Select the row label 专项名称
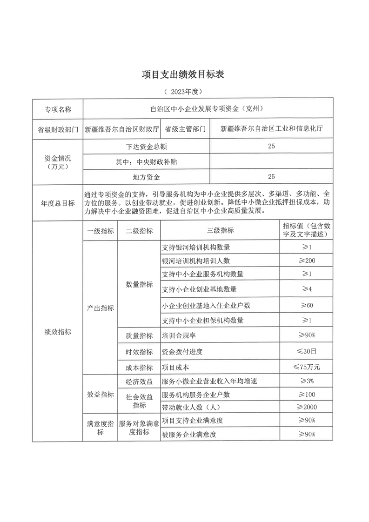pyautogui.click(x=58, y=109)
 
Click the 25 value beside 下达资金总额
pyautogui.click(x=272, y=146)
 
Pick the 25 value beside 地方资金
pyautogui.click(x=272, y=176)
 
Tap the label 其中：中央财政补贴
pyautogui.click(x=146, y=161)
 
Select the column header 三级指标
pyautogui.click(x=220, y=231)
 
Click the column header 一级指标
pyautogui.click(x=100, y=231)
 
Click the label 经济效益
pyautogui.click(x=139, y=381)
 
